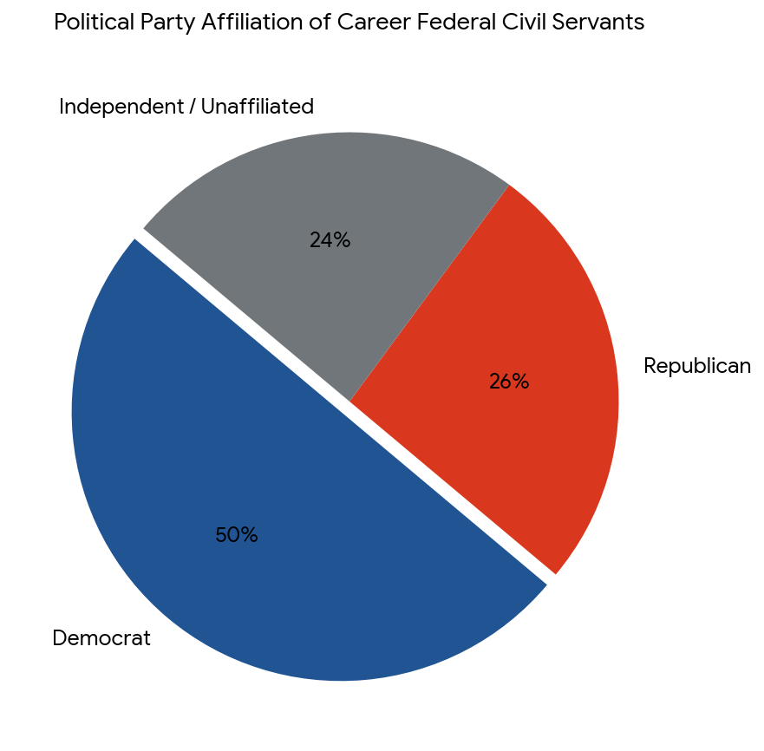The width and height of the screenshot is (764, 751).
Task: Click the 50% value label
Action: (237, 535)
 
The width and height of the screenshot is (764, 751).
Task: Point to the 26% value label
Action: (509, 381)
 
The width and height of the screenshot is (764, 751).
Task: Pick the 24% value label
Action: (330, 240)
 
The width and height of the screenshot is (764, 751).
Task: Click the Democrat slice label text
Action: (101, 638)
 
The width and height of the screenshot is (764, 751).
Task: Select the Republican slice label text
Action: (697, 366)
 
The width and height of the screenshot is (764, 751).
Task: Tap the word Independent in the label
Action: (121, 107)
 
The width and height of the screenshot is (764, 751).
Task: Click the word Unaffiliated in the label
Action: (257, 107)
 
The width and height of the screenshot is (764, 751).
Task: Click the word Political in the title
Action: (94, 23)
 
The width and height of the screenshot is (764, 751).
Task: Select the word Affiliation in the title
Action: (251, 23)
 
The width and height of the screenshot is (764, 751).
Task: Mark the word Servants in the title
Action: (597, 23)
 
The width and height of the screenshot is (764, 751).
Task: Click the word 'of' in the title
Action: (320, 23)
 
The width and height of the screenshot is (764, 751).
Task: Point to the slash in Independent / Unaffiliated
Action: (192, 107)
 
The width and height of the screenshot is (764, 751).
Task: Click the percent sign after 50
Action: (249, 535)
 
